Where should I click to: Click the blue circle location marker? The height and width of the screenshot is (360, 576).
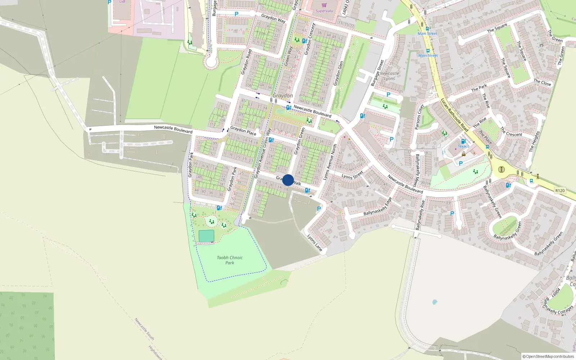click(x=288, y=180)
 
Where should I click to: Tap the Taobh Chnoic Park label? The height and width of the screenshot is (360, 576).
click(x=230, y=260)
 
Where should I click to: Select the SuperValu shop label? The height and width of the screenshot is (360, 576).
click(x=324, y=11)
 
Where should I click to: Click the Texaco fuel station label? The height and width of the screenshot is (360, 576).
click(x=463, y=146)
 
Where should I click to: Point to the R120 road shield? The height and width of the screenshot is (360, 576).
click(x=560, y=190)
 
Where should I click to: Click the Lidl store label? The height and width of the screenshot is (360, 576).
click(x=122, y=2)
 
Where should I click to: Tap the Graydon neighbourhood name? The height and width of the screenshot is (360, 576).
click(x=283, y=95)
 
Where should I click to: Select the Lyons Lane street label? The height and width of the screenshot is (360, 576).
click(x=315, y=243)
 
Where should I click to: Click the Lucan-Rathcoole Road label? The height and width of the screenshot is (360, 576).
click(x=455, y=115)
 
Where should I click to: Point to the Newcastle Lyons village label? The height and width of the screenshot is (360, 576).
click(x=389, y=76)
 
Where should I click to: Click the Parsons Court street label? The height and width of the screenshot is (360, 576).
click(x=418, y=117)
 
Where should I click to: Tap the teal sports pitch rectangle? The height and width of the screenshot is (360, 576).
click(x=206, y=236)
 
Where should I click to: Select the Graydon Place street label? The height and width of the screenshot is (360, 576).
click(x=243, y=130)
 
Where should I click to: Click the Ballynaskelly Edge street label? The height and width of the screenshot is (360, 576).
click(x=378, y=207)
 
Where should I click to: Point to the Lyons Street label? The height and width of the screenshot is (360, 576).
click(x=352, y=175)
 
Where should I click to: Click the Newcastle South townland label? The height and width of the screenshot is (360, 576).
click(x=144, y=329)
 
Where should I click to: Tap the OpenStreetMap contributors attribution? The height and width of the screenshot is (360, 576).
click(x=548, y=356)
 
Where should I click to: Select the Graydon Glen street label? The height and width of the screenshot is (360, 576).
click(x=338, y=73)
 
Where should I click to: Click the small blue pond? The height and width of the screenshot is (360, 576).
click(x=435, y=302)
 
